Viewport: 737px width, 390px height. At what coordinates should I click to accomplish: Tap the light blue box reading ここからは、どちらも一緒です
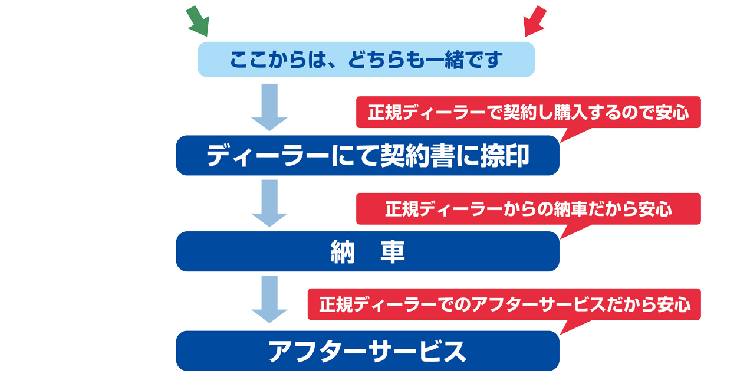[366, 60]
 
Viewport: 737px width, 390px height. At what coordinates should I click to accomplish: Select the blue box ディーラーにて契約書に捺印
[367, 156]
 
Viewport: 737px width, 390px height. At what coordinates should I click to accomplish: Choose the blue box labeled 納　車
[367, 252]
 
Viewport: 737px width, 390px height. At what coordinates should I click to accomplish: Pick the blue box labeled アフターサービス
[367, 351]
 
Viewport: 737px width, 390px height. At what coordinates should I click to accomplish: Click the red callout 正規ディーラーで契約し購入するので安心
[528, 112]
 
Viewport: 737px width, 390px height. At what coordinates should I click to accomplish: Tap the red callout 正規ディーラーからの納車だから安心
[528, 209]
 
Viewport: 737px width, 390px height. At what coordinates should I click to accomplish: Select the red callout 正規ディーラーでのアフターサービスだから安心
[504, 304]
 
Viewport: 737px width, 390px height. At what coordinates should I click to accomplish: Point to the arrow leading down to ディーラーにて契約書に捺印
[269, 107]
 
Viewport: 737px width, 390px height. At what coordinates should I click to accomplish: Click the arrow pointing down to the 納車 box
[269, 203]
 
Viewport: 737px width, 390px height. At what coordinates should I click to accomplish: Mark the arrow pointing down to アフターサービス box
[269, 299]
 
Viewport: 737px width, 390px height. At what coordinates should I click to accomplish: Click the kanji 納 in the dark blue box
[342, 253]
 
